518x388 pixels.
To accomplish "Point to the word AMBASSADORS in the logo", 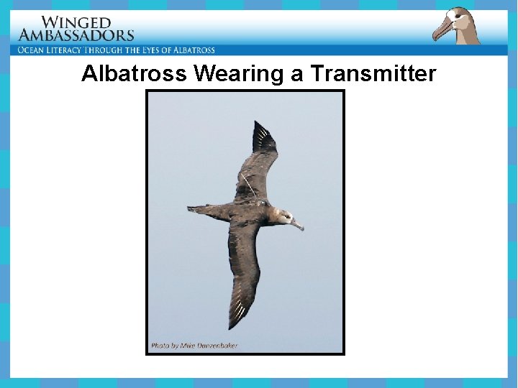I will (76, 34).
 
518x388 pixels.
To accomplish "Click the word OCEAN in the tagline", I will (35, 50).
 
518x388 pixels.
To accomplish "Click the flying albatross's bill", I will (297, 226).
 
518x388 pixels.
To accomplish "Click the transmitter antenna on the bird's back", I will (247, 186).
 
